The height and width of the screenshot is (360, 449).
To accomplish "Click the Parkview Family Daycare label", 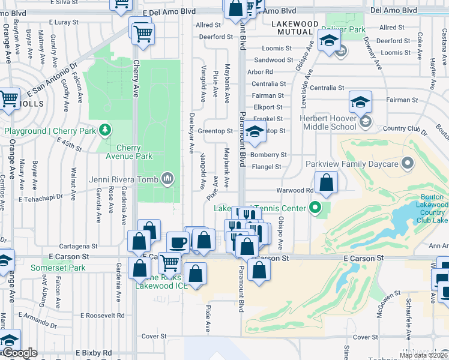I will tap(352, 164).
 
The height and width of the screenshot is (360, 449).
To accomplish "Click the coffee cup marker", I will tap(177, 243).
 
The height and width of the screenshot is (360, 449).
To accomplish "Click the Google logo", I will tap(20, 353).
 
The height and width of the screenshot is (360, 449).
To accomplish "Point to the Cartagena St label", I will tap(78, 246).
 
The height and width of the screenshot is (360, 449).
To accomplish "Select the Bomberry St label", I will tap(270, 155).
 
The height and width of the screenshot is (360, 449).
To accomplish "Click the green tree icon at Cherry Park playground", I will tap(105, 130).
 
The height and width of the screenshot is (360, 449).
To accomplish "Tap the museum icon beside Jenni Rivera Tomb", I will tap(167, 179).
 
